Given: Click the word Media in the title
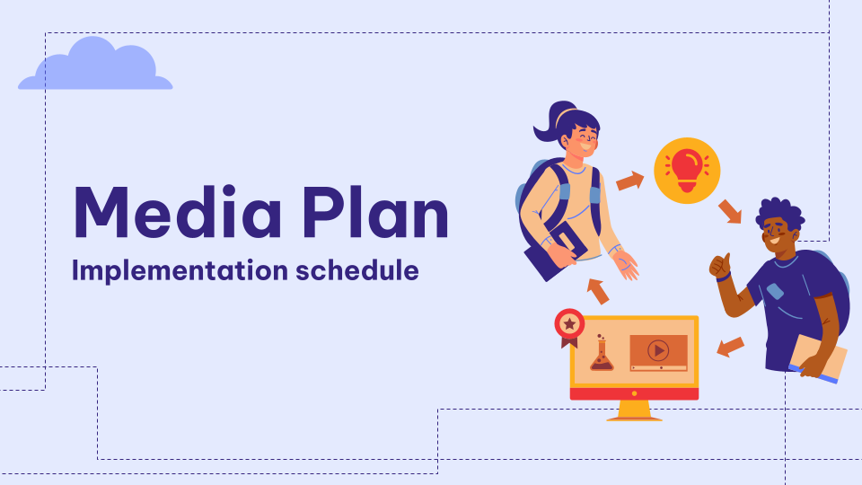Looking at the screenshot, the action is pyautogui.click(x=177, y=212).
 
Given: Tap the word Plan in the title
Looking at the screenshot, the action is pyautogui.click(x=375, y=212).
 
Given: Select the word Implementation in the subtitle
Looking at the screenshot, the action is pyautogui.click(x=180, y=271).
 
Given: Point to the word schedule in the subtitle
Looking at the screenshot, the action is pyautogui.click(x=357, y=270).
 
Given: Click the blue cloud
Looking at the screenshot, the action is pyautogui.click(x=95, y=65).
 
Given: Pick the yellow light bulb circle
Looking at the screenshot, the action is pyautogui.click(x=687, y=171).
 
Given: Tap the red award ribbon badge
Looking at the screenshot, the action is pyautogui.click(x=569, y=327).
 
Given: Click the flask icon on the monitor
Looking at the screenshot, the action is pyautogui.click(x=602, y=354).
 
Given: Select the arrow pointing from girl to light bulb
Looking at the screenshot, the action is pyautogui.click(x=630, y=181).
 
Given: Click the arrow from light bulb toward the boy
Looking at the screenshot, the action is pyautogui.click(x=730, y=212).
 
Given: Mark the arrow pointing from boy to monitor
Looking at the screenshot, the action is pyautogui.click(x=731, y=347).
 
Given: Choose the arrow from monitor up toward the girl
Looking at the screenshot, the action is pyautogui.click(x=598, y=291).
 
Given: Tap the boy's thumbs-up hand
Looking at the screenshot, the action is pyautogui.click(x=719, y=266).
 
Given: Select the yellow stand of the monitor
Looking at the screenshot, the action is pyautogui.click(x=634, y=410).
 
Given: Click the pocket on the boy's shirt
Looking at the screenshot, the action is pyautogui.click(x=775, y=291).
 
